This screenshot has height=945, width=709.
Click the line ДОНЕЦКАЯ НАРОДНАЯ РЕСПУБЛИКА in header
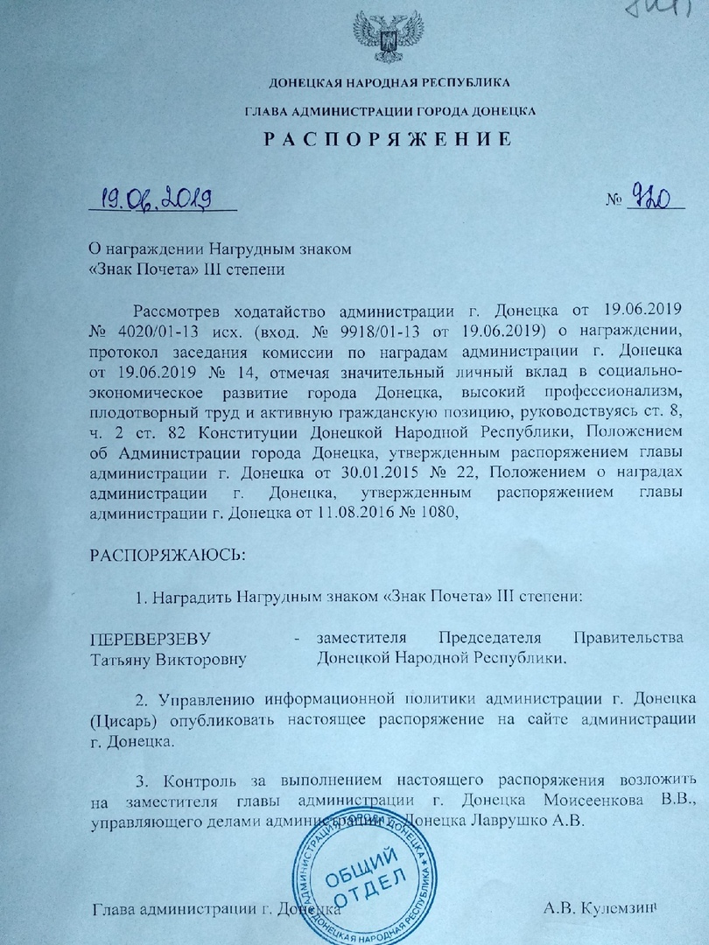tap(390, 83)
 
